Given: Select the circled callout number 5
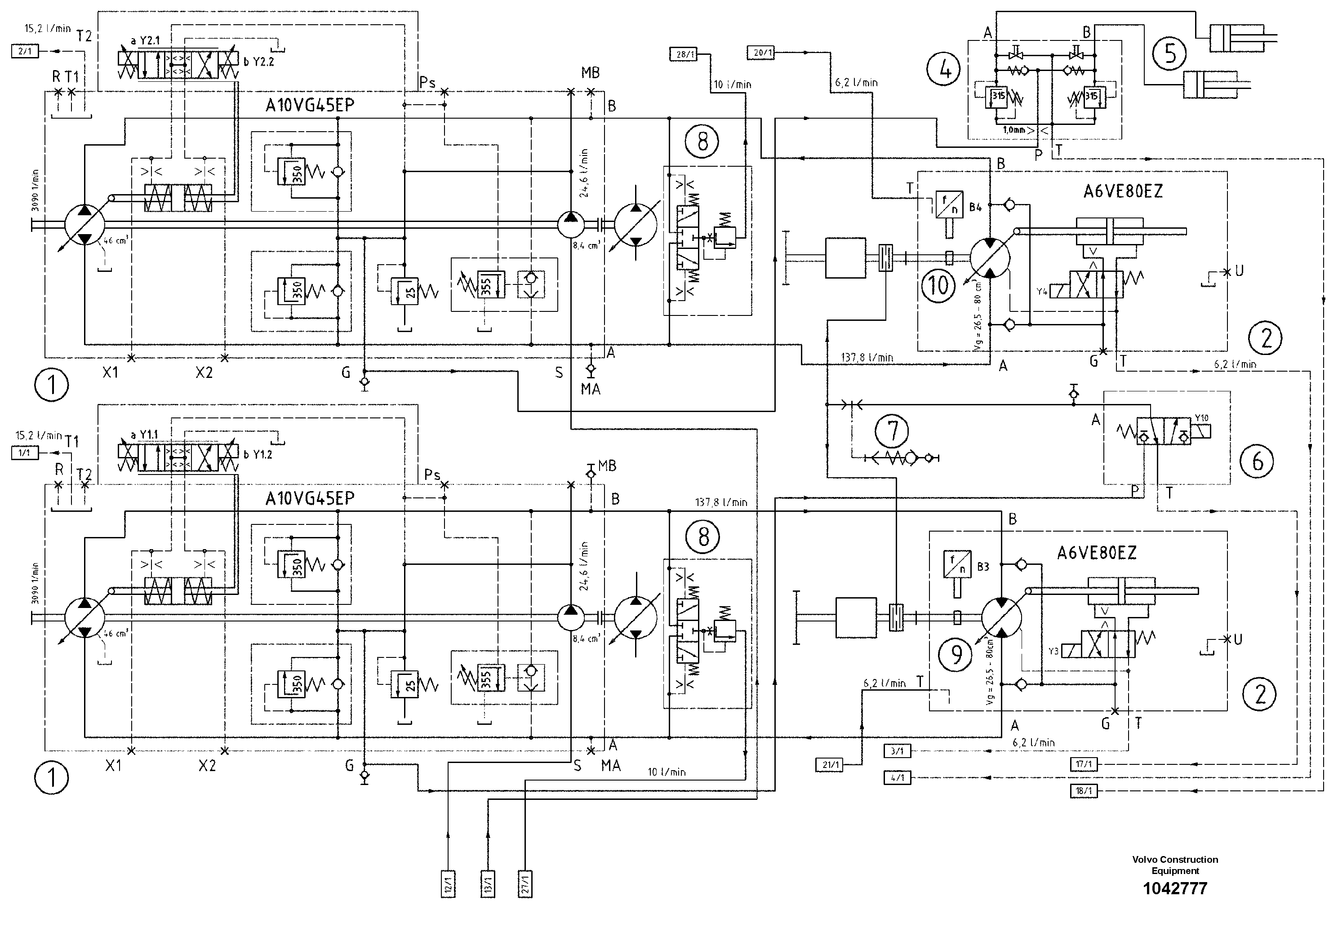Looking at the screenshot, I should point(1169,53).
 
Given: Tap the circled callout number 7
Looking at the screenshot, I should point(892,430).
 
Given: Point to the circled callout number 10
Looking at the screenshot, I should point(938,285).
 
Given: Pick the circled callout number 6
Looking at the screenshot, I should point(1258,461).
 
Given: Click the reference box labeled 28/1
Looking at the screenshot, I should point(685,54).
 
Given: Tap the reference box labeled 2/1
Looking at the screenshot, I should point(24,51).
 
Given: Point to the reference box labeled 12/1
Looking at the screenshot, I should point(448,884).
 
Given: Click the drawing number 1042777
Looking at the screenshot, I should point(1175,888).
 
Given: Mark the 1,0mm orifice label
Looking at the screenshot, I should point(1014,130).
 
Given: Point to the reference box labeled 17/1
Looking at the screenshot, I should point(1083,764).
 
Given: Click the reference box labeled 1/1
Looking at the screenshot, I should point(24,453).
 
